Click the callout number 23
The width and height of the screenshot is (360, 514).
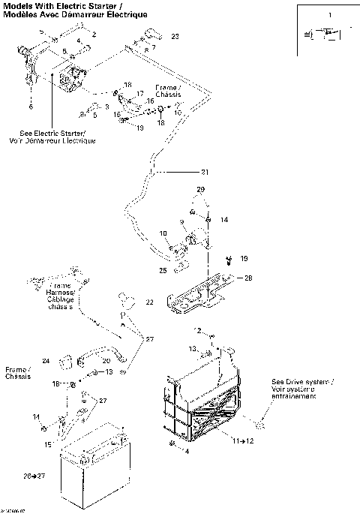tap(175, 36)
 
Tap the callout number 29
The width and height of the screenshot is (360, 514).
tap(200, 188)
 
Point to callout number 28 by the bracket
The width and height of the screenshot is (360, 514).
tap(248, 278)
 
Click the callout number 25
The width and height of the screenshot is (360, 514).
tap(163, 269)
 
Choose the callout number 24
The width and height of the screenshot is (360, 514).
tap(46, 361)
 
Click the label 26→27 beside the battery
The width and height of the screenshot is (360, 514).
tap(34, 476)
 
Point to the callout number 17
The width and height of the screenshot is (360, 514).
tap(139, 94)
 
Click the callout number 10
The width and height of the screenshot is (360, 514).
tap(163, 234)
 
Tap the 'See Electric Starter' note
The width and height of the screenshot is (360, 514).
tap(52, 137)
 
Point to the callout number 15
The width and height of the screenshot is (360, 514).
tap(48, 444)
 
